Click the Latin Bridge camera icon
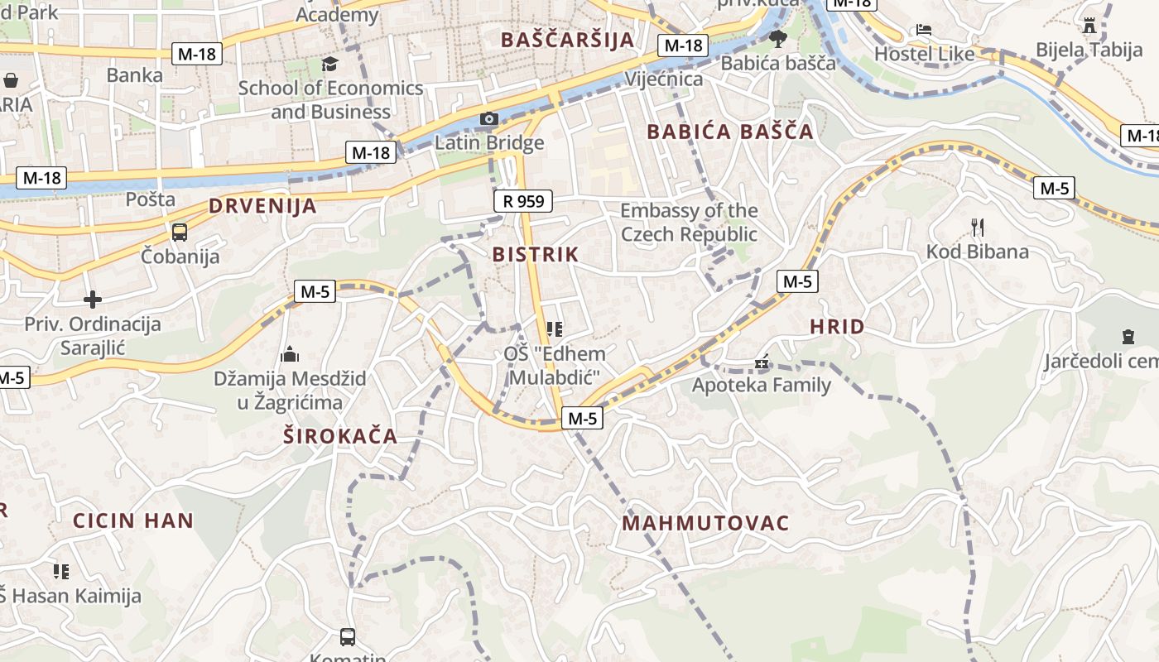[x=489, y=119]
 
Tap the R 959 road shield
[x=522, y=200]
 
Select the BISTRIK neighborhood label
[x=536, y=254]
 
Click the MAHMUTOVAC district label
[x=705, y=523]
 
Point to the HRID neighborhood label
[x=837, y=327]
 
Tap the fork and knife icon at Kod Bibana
[x=978, y=227]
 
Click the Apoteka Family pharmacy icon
[x=762, y=362]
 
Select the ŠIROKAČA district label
[x=340, y=436]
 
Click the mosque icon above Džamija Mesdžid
[x=290, y=354]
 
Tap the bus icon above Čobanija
[x=180, y=233]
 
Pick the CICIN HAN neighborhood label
[x=133, y=520]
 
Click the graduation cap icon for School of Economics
[x=330, y=65]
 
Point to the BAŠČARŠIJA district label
[x=568, y=40]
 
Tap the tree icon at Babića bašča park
[x=777, y=38]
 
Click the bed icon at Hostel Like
[x=925, y=31]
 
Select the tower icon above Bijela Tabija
[x=1089, y=26]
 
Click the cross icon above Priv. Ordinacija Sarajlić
[x=93, y=299]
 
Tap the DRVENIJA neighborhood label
[x=262, y=206]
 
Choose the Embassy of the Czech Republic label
[x=689, y=222]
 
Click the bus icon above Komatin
[x=348, y=637]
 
